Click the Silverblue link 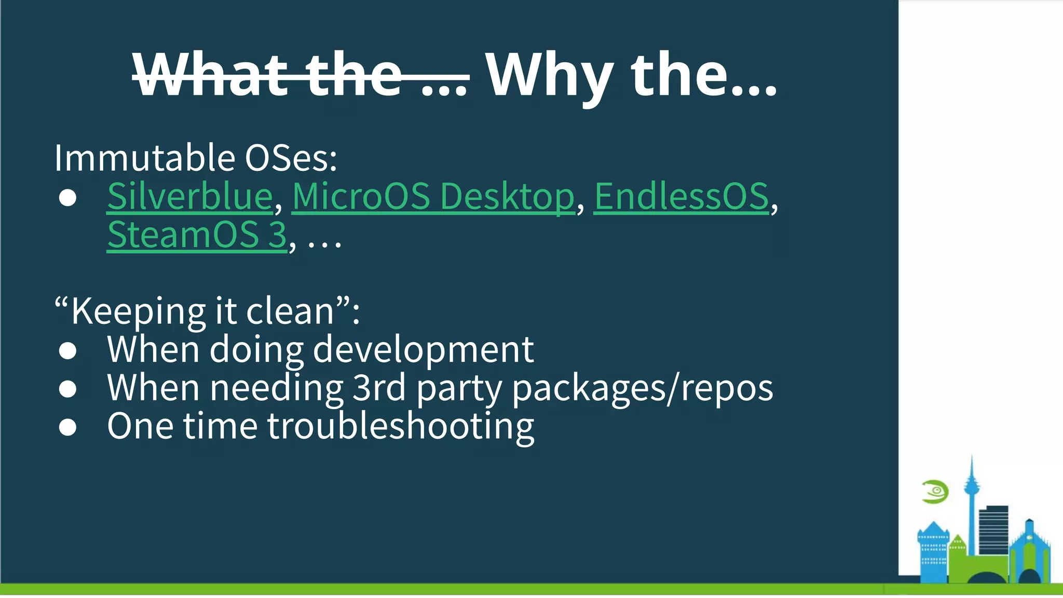[190, 197]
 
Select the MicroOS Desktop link [433, 197]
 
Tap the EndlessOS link [680, 197]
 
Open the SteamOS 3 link [197, 235]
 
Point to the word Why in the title [551, 75]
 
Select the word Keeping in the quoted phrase [138, 311]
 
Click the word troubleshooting [400, 426]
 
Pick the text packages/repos [643, 388]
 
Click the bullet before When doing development [68, 351]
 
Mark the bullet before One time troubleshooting [68, 427]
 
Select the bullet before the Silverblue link [68, 198]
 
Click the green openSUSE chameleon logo [935, 492]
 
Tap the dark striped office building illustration [993, 529]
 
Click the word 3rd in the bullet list [378, 388]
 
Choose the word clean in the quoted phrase [290, 311]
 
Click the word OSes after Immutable [291, 158]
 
